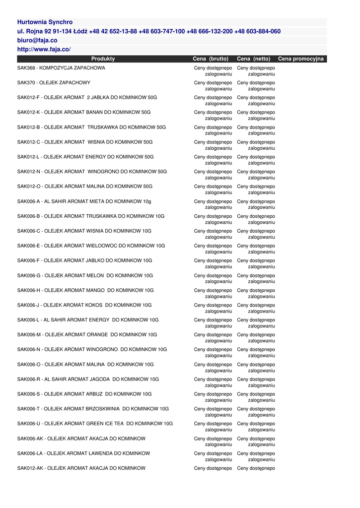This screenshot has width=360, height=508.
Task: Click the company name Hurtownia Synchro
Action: (45, 22)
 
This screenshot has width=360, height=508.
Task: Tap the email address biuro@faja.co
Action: (37, 40)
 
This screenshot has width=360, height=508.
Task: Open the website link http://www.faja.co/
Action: (44, 49)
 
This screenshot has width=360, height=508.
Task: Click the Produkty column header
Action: (103, 59)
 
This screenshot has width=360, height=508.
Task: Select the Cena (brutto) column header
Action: (211, 59)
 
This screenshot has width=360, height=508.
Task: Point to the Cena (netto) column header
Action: (254, 59)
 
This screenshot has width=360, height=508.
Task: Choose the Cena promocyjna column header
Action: (300, 59)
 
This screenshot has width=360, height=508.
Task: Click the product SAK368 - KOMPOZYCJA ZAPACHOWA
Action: (61, 68)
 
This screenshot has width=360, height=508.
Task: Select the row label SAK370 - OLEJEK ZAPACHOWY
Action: (54, 83)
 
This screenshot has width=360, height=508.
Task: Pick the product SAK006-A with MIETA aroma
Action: (84, 201)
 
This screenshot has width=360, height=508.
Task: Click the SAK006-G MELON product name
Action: (85, 276)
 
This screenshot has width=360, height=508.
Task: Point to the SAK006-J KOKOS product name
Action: (84, 306)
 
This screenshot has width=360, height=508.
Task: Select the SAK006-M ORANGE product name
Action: (87, 335)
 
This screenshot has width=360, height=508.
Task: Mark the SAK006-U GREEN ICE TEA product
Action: (95, 424)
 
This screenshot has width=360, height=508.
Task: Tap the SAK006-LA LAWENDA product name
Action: (83, 453)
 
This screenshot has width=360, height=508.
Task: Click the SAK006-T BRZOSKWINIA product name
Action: (93, 409)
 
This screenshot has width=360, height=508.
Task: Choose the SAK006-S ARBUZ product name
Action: (84, 394)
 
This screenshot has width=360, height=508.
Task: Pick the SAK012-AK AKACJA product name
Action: (81, 468)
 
